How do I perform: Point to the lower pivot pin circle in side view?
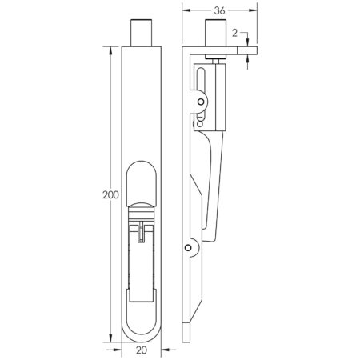pos(188,249)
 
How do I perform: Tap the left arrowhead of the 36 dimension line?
pos(186,13)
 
